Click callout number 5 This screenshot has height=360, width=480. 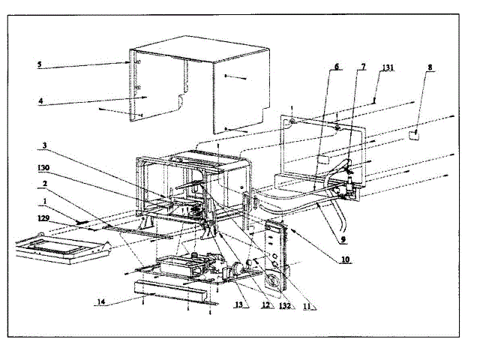(39, 64)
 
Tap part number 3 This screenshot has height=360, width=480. (45, 145)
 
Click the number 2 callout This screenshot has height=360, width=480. (45, 183)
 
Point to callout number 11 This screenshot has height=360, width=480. (308, 306)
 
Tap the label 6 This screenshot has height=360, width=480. (337, 67)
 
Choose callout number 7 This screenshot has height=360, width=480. (364, 67)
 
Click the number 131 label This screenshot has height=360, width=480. (387, 67)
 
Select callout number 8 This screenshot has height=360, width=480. (430, 67)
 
